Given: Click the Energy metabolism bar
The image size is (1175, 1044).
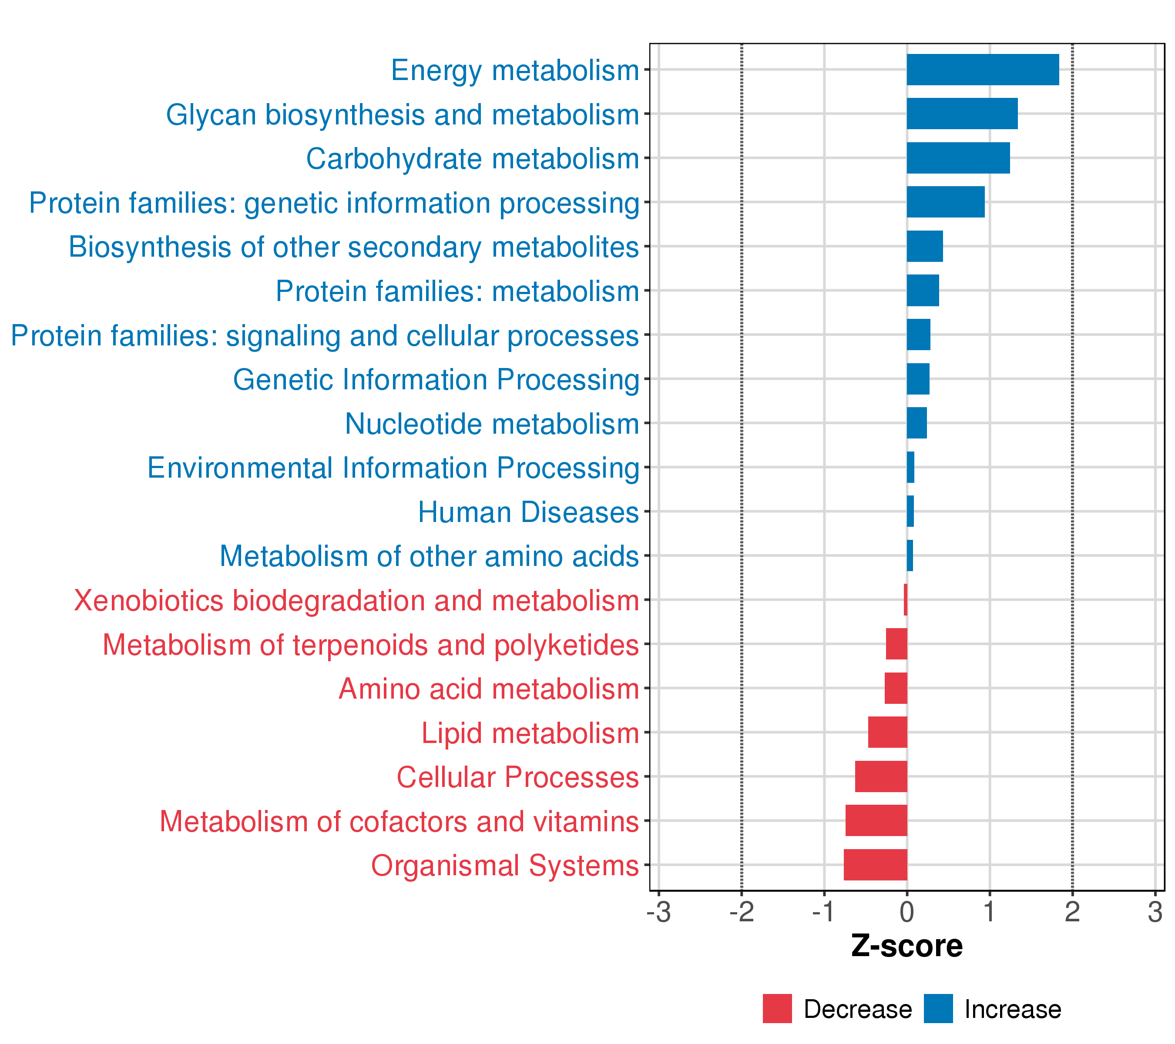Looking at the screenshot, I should tap(982, 70).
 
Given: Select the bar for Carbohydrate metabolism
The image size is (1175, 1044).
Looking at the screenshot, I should tap(958, 158).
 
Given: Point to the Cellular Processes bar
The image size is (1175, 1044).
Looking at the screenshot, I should tap(881, 776).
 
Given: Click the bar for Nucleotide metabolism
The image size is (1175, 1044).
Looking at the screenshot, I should tap(916, 423).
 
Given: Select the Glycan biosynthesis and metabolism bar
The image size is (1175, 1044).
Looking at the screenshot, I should tap(962, 114).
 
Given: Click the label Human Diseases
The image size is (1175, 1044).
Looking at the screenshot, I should tap(528, 512).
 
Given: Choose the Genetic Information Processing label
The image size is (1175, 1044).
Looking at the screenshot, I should tap(436, 380).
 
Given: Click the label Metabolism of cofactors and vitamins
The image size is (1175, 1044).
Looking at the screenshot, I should tap(399, 821).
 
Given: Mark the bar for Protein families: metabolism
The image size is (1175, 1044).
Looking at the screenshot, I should tap(923, 290).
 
